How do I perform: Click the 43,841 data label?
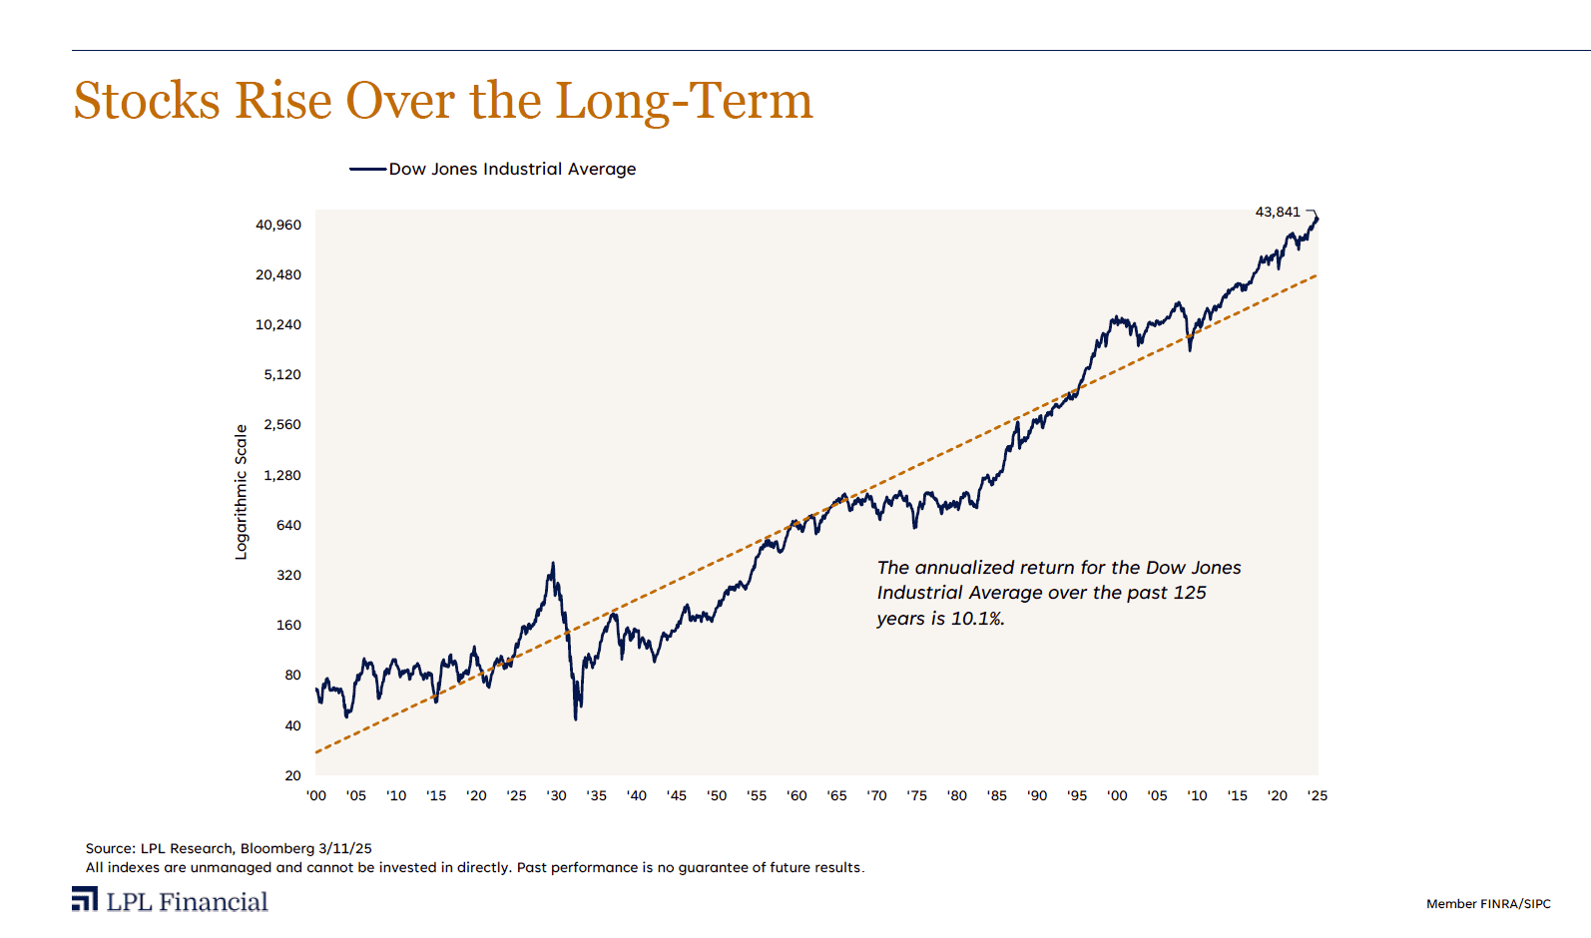point(1278,212)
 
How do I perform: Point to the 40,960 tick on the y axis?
point(278,226)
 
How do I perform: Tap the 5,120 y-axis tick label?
point(282,375)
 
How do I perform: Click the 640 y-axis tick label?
point(288,526)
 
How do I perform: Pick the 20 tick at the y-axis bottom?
point(292,775)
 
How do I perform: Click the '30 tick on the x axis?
point(556,796)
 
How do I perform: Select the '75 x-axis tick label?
point(916,796)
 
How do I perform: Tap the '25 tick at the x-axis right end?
point(1318,796)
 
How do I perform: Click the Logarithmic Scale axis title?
point(241,492)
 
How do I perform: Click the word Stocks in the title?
point(147,102)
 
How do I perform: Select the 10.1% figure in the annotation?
point(977,619)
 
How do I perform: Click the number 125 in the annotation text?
point(1189,593)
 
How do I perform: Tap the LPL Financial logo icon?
point(85,899)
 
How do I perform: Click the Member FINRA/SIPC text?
point(1488,904)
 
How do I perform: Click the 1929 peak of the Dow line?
point(553,564)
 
